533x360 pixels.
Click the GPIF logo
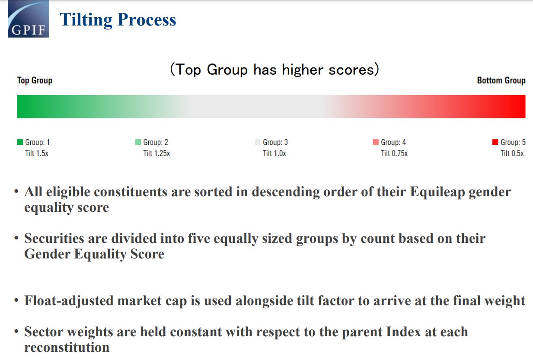tap(29, 19)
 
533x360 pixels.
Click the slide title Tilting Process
tap(118, 20)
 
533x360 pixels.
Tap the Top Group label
tap(35, 80)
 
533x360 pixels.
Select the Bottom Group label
tap(501, 80)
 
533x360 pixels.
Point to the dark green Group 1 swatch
tap(20, 142)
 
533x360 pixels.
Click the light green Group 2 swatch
tap(138, 142)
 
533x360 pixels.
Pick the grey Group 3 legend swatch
tap(258, 142)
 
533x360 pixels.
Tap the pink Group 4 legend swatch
tap(376, 142)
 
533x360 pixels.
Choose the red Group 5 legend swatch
tap(495, 142)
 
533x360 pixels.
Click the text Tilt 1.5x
tap(37, 153)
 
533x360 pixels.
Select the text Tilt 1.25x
tap(156, 153)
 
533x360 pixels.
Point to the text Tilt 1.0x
tap(274, 153)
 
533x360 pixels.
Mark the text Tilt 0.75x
tap(394, 153)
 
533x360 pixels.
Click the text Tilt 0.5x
tap(512, 153)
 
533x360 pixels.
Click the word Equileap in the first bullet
tap(437, 192)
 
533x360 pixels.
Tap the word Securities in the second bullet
tap(54, 239)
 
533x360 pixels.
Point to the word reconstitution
tap(67, 347)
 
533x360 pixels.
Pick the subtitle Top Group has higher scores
tap(275, 70)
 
